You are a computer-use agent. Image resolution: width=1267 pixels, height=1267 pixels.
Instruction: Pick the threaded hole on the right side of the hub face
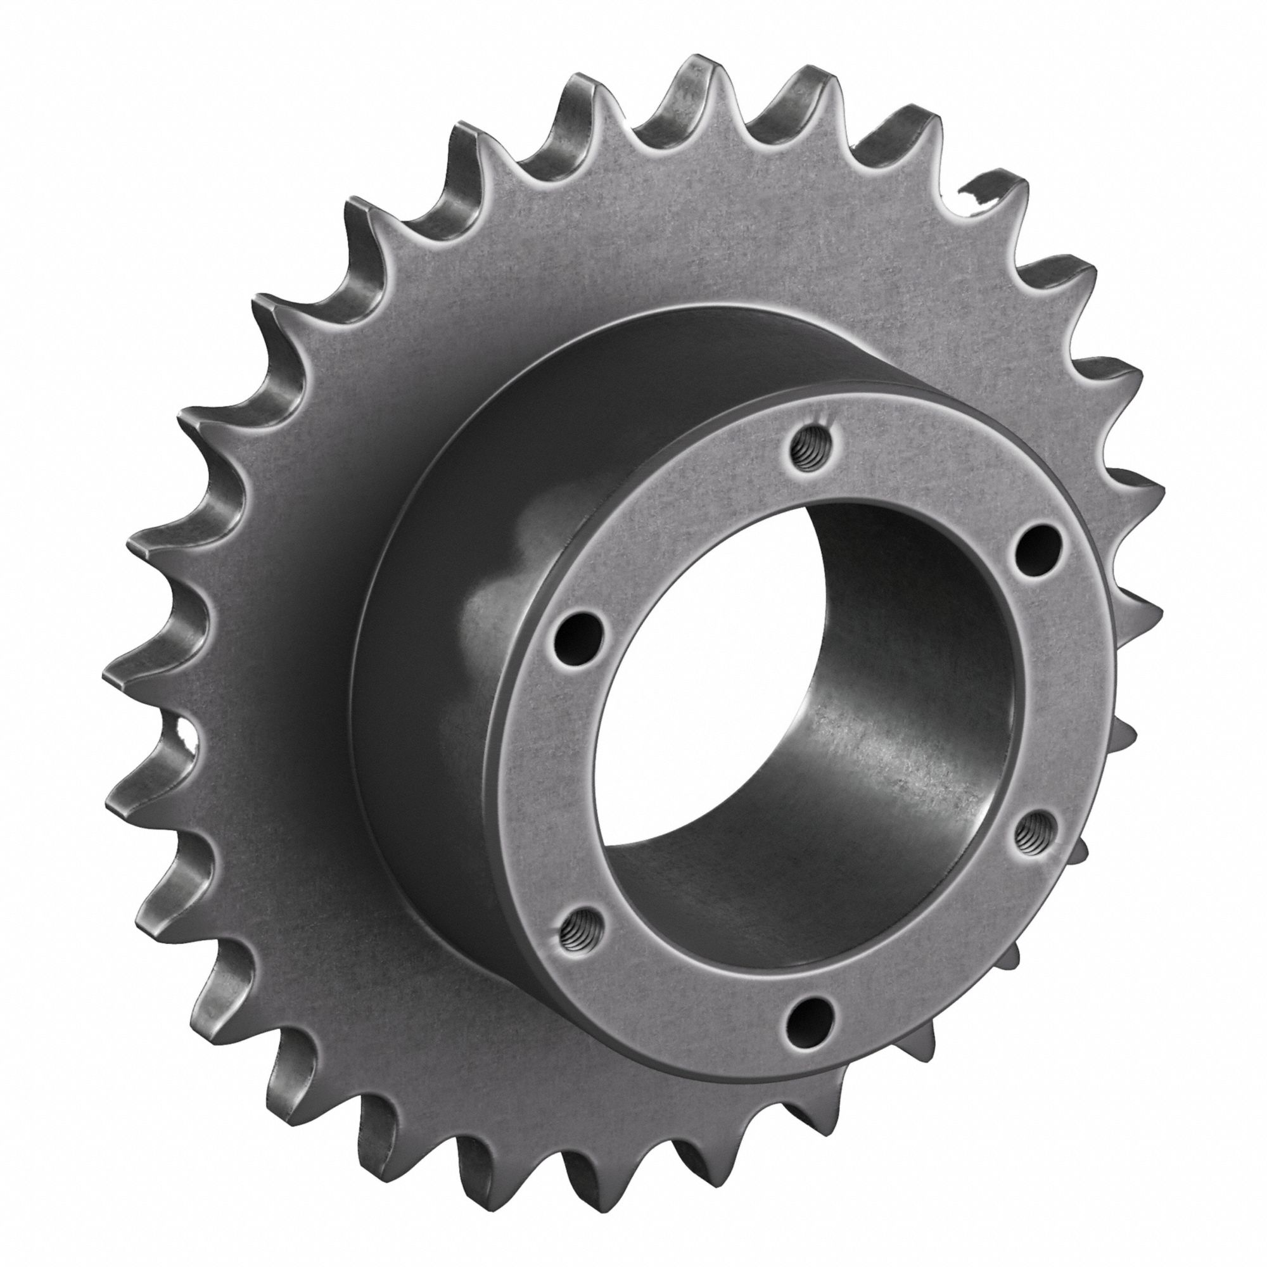tap(1035, 834)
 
